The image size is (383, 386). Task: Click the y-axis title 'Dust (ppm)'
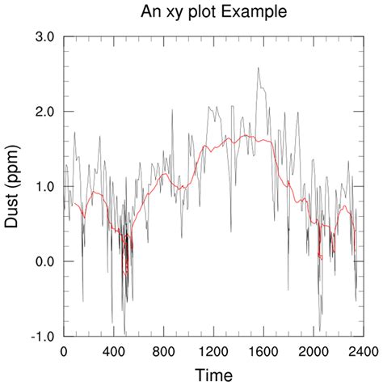pos(15,186)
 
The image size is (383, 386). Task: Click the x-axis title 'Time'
pos(213,375)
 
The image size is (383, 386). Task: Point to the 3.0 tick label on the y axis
pos(44,36)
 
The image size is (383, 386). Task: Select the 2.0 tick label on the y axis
pos(44,112)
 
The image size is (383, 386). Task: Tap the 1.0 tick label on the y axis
pos(44,186)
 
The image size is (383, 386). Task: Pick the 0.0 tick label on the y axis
pos(44,261)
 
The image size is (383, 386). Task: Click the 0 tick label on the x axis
pos(64,352)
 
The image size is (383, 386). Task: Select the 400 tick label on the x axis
pos(114,352)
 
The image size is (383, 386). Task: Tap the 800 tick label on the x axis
pos(163,352)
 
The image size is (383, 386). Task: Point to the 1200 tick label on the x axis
pos(213,352)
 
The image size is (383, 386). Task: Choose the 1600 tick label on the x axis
pos(263,352)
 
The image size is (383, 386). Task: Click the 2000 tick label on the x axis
pos(313,352)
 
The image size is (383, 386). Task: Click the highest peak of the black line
pos(258,68)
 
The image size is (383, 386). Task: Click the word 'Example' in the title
pos(259,13)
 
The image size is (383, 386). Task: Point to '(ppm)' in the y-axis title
pos(15,168)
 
